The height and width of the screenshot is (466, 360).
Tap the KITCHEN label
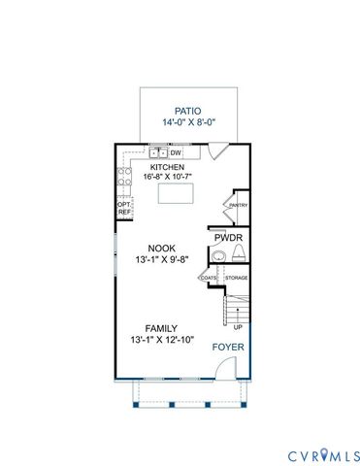click(167, 166)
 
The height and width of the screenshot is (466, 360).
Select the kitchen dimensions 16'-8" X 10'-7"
click(168, 177)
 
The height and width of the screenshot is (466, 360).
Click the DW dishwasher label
click(177, 152)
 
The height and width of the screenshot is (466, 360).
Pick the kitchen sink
click(157, 152)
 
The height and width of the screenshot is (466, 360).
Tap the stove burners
click(124, 177)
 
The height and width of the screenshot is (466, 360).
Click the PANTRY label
click(238, 206)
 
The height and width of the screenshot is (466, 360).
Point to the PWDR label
click(229, 237)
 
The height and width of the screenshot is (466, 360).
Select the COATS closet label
click(209, 279)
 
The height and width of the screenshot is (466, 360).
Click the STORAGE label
click(236, 279)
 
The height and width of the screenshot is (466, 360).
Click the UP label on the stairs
click(238, 326)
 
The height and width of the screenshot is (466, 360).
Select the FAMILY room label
click(162, 328)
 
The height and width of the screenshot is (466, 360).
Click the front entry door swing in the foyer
click(223, 368)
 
